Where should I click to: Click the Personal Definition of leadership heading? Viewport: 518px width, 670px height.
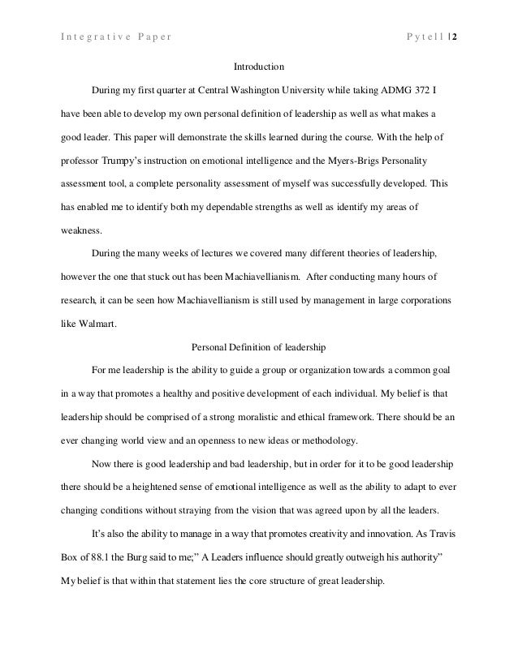tap(258, 348)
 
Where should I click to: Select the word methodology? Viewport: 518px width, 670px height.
tap(333, 440)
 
